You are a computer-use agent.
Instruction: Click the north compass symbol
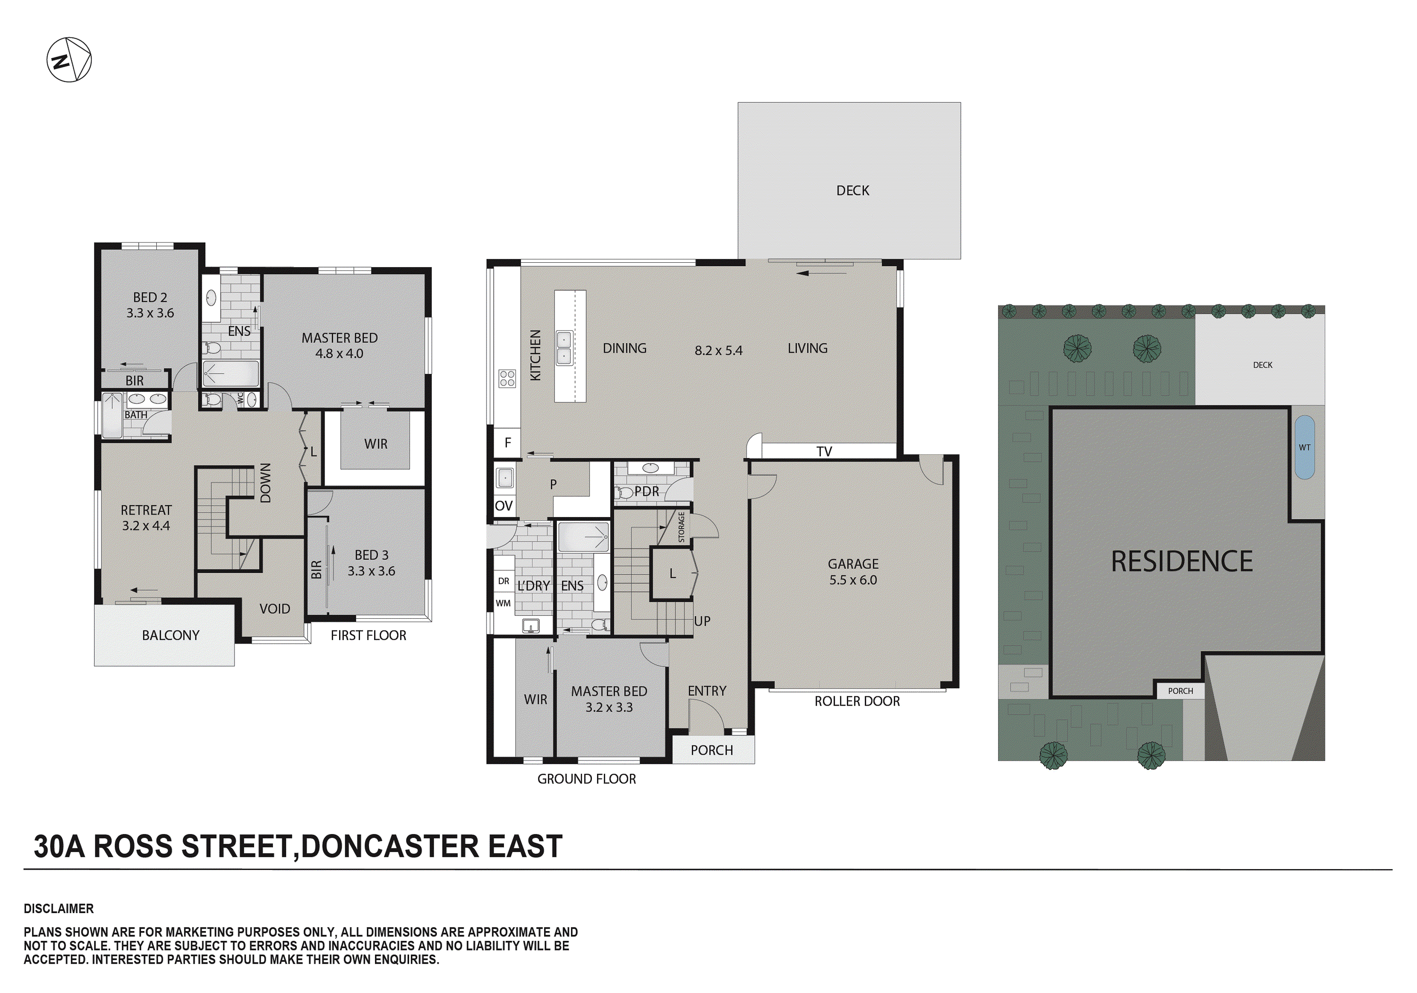pos(69,60)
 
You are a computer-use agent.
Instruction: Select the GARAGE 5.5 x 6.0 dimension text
pos(853,580)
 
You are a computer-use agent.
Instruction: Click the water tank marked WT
pos(1304,447)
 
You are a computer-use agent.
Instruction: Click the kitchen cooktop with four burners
pos(507,379)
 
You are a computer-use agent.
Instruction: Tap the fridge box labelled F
pos(507,443)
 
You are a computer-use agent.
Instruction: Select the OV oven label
pos(504,506)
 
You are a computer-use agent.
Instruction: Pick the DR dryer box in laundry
pos(504,581)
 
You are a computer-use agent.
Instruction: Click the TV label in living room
pos(824,451)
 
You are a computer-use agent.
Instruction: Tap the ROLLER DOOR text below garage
pos(857,701)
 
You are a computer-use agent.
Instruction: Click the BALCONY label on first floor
pos(171,635)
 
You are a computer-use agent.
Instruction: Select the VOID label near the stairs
pos(274,609)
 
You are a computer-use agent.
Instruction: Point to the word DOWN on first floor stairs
pos(265,483)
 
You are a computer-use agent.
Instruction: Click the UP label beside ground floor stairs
pos(702,621)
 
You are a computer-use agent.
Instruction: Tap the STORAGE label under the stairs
pos(682,527)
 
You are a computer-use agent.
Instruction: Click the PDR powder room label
pos(646,492)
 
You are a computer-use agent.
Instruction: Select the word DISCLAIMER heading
pos(59,908)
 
